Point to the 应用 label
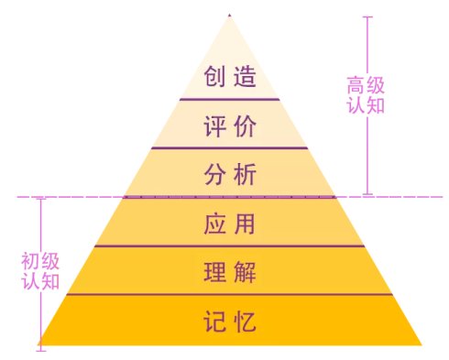(x=229, y=224)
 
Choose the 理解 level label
(x=229, y=272)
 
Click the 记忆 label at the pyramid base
(x=229, y=322)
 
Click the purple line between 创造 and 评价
(x=229, y=99)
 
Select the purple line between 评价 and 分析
(x=229, y=147)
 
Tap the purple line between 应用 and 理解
(x=229, y=245)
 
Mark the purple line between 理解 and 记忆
(x=229, y=295)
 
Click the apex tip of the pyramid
(x=229, y=16)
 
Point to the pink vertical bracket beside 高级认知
(x=367, y=105)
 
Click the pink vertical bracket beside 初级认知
(x=40, y=270)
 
